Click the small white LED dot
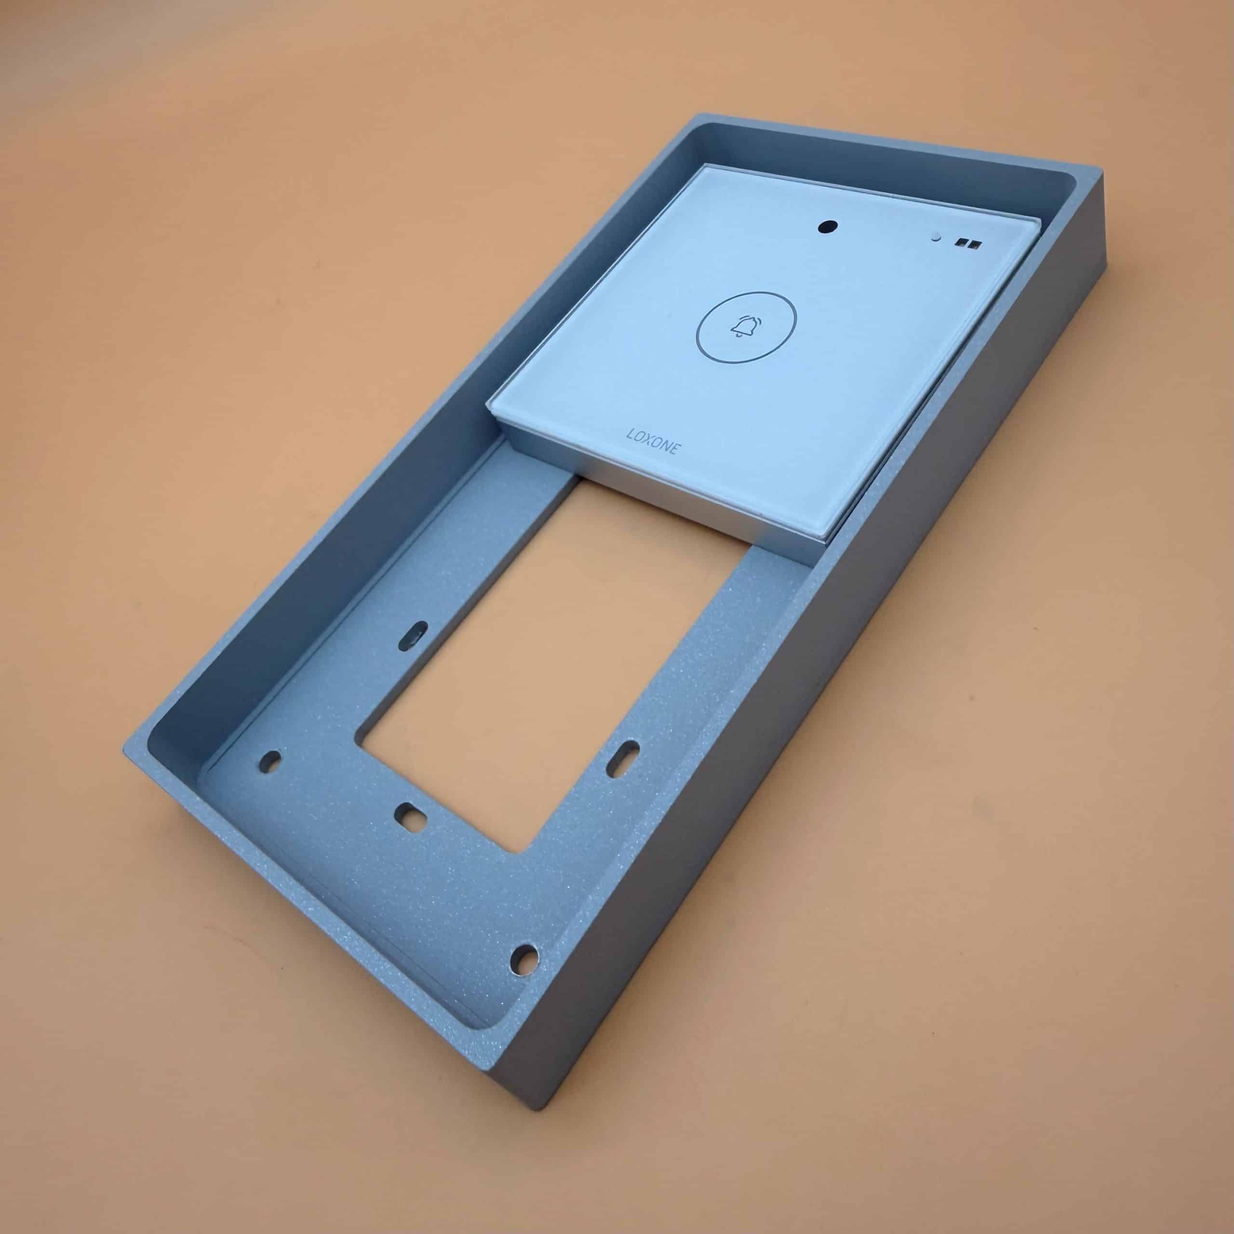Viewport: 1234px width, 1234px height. point(937,237)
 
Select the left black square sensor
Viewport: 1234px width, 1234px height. point(960,242)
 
